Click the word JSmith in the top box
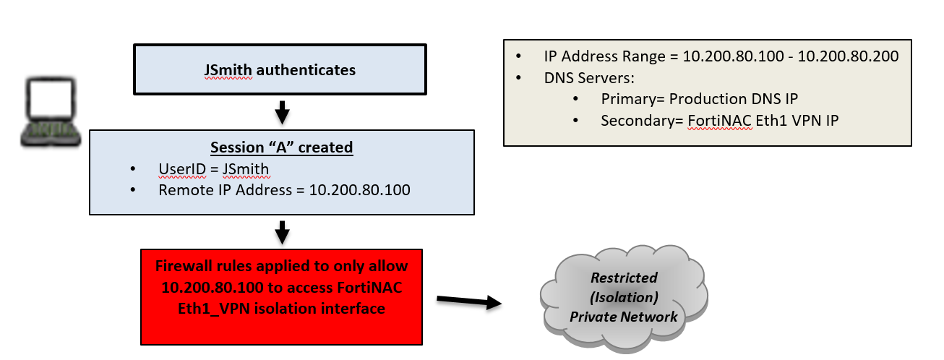coord(228,70)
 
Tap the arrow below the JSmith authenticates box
coord(283,112)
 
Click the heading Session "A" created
coord(281,147)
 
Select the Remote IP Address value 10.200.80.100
coord(359,190)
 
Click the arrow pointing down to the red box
coord(283,232)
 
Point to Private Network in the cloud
coord(624,316)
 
